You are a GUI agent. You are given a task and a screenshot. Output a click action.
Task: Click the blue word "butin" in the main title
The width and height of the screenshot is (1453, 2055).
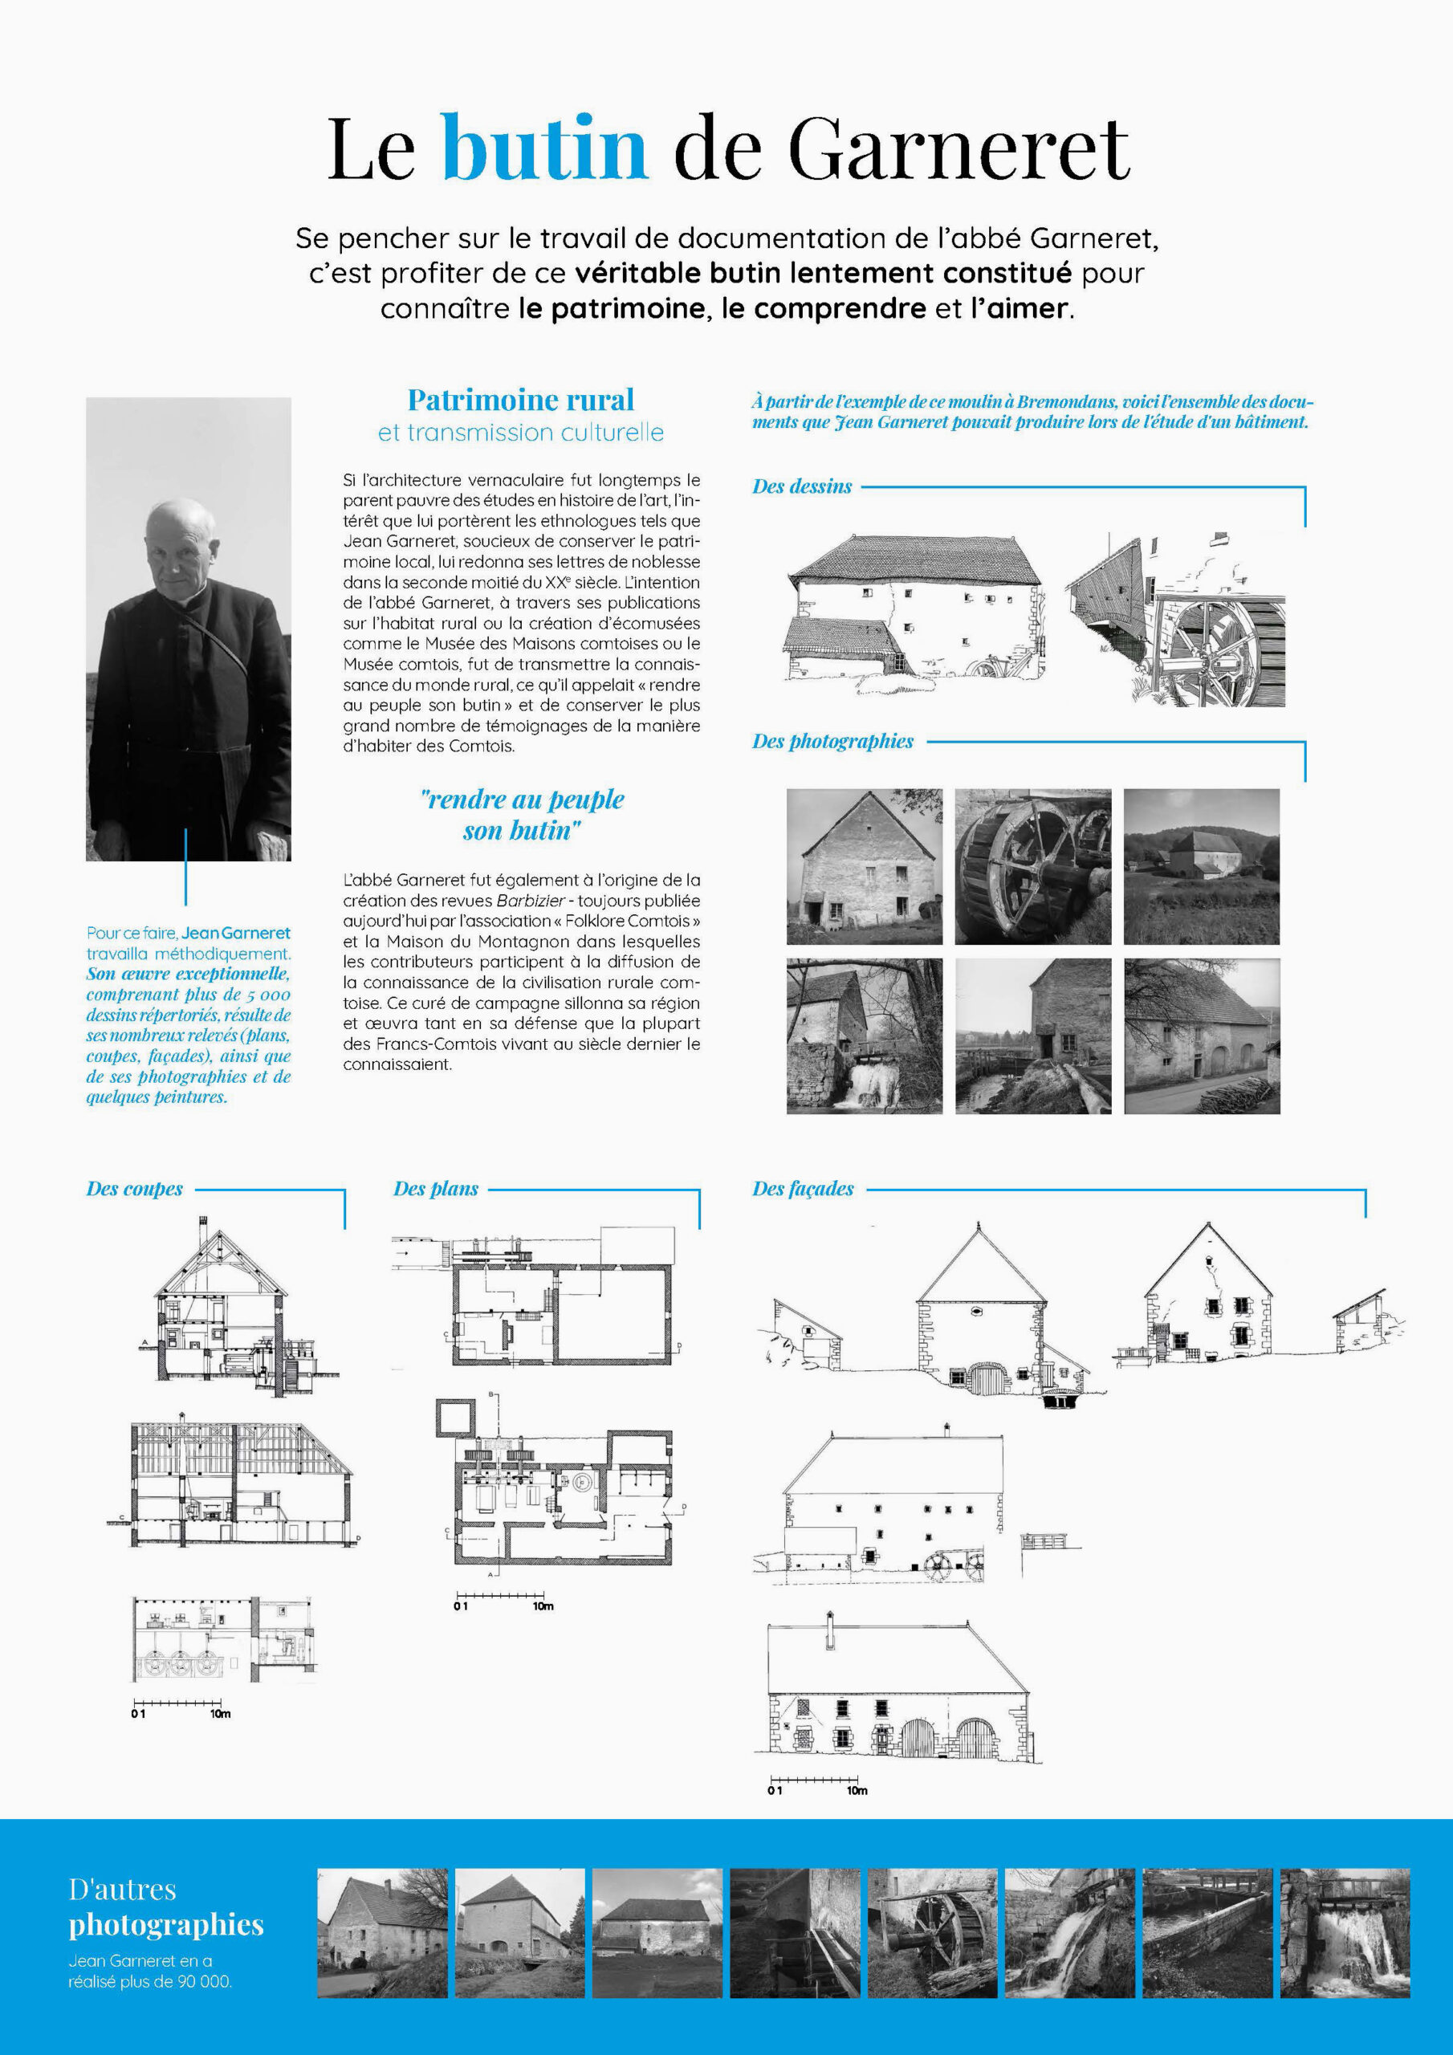click(x=544, y=148)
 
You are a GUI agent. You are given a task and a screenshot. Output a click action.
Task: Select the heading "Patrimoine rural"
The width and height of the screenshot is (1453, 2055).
click(x=520, y=399)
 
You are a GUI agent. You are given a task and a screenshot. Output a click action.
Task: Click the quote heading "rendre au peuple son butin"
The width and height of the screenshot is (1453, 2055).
click(x=521, y=815)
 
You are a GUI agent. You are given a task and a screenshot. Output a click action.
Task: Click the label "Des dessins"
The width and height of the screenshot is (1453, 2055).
click(x=801, y=487)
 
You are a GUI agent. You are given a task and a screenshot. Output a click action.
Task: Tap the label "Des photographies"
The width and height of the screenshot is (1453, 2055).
click(x=832, y=741)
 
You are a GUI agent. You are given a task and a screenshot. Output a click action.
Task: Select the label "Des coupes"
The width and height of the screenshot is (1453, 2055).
click(x=134, y=1189)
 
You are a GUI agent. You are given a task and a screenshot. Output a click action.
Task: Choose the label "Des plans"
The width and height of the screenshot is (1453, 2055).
click(x=435, y=1189)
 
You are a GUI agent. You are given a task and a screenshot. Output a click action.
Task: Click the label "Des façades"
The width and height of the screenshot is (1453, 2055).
click(x=802, y=1189)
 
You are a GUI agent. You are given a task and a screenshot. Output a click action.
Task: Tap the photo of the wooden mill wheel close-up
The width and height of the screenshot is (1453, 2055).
click(x=1032, y=865)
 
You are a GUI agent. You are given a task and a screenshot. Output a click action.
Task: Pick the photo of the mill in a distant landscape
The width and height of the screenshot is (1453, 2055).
click(x=1201, y=865)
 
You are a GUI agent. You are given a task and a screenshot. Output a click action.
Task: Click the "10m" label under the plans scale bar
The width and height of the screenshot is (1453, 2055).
click(x=543, y=1606)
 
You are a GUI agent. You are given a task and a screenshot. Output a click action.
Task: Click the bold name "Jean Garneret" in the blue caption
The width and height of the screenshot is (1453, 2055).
click(x=236, y=933)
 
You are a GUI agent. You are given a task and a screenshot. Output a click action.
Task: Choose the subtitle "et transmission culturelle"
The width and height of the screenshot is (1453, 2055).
click(x=520, y=433)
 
